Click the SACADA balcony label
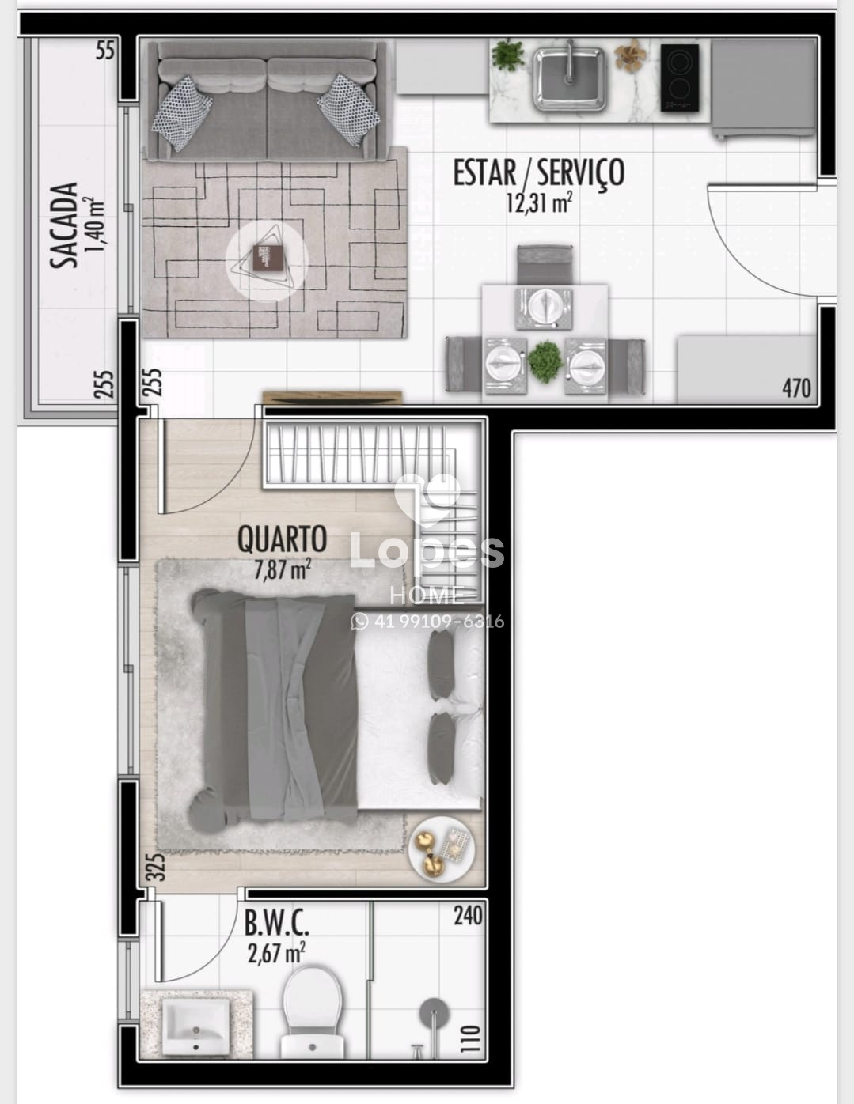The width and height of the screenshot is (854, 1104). tap(64, 225)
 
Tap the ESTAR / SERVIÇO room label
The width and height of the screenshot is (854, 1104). tap(539, 174)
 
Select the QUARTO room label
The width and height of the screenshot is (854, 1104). tap(282, 539)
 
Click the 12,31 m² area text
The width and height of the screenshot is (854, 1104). tap(539, 202)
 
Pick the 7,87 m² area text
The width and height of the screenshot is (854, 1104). tap(282, 569)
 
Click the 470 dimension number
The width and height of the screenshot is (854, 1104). tap(796, 388)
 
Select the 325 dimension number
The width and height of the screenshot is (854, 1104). tap(158, 867)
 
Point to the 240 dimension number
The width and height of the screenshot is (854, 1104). tap(468, 916)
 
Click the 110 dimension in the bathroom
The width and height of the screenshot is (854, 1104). tap(472, 1038)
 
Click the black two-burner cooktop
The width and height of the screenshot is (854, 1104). tap(680, 78)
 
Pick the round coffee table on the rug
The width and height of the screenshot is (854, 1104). tap(267, 261)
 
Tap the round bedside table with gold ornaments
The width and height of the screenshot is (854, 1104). tap(441, 849)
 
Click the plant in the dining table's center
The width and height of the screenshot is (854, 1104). tap(545, 362)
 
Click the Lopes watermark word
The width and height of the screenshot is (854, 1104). tap(427, 551)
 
